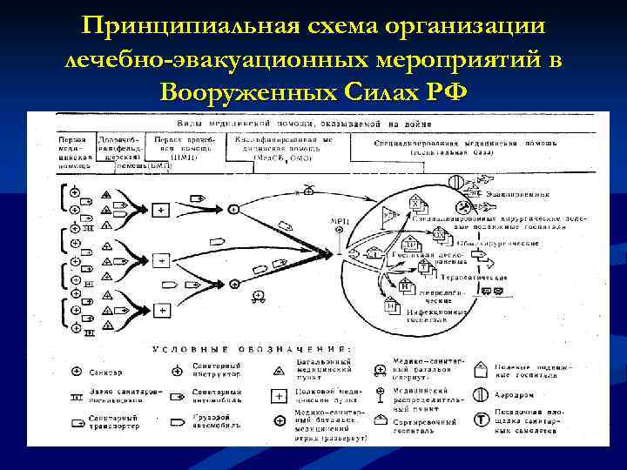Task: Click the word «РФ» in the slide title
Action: tap(442, 91)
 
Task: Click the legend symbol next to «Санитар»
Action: tap(76, 373)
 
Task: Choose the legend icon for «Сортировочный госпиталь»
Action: tap(380, 420)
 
